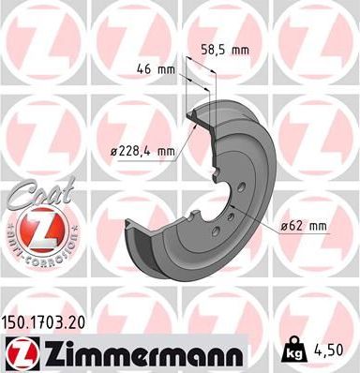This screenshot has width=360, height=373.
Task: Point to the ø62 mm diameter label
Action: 303,225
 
